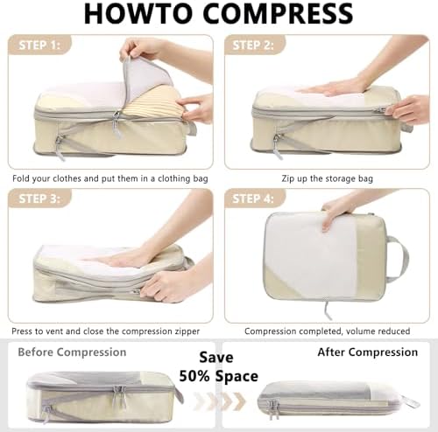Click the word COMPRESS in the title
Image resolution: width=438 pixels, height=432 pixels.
278,14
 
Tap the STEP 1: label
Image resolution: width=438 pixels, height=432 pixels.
39,45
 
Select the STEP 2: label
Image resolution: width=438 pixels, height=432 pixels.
253,45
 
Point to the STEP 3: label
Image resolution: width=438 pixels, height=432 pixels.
39,199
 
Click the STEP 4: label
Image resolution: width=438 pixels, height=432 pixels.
253,199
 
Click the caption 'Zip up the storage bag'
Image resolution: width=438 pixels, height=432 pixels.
328,178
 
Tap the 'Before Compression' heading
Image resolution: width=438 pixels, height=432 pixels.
72,352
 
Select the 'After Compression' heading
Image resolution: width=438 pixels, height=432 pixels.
368,352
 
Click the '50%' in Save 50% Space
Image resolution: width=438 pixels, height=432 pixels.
194,376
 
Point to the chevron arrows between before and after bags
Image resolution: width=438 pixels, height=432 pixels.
220,401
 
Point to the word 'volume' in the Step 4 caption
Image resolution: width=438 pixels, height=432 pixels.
360,331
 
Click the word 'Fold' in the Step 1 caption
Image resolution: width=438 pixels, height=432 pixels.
21,178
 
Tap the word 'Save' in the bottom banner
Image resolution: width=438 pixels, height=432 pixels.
216,358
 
